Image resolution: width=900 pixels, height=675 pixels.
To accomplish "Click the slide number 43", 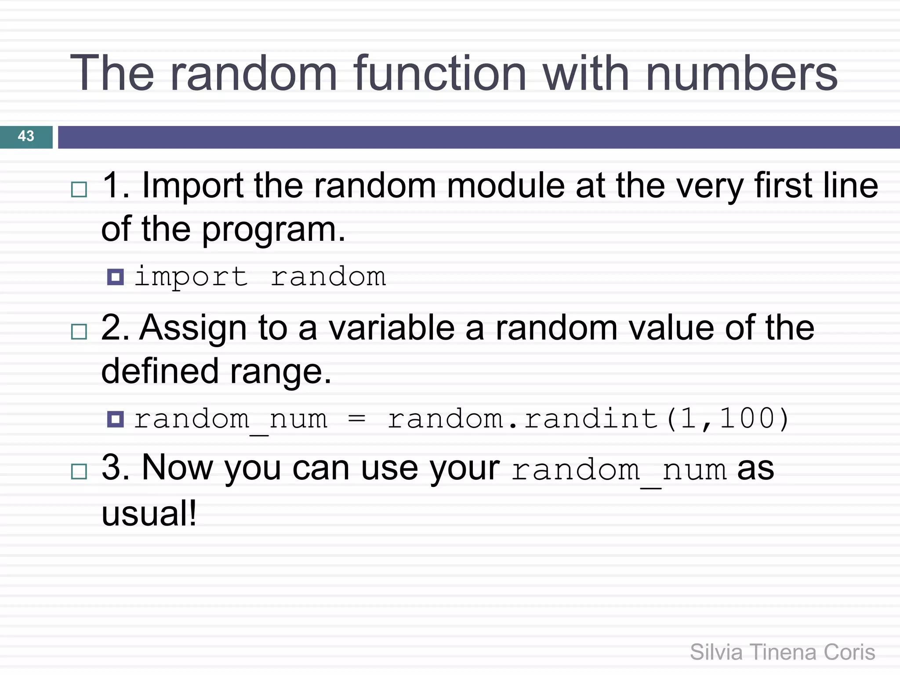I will [x=26, y=136].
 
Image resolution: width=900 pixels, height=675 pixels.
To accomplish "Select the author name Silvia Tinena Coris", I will [x=782, y=652].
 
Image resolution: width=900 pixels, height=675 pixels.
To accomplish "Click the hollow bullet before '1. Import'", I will [x=79, y=190].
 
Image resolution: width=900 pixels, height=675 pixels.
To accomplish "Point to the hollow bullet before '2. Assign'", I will [x=79, y=332].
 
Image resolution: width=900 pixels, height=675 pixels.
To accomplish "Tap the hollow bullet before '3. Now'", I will [x=79, y=472].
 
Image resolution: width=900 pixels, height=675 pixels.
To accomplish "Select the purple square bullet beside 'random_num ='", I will [x=116, y=419].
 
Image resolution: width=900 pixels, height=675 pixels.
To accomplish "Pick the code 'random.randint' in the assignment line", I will [x=523, y=419].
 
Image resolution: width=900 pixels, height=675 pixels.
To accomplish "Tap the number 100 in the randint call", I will [x=748, y=419].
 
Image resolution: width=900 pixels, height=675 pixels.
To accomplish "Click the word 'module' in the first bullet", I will [x=505, y=186].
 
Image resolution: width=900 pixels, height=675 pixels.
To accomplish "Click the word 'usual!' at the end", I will [x=149, y=514].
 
